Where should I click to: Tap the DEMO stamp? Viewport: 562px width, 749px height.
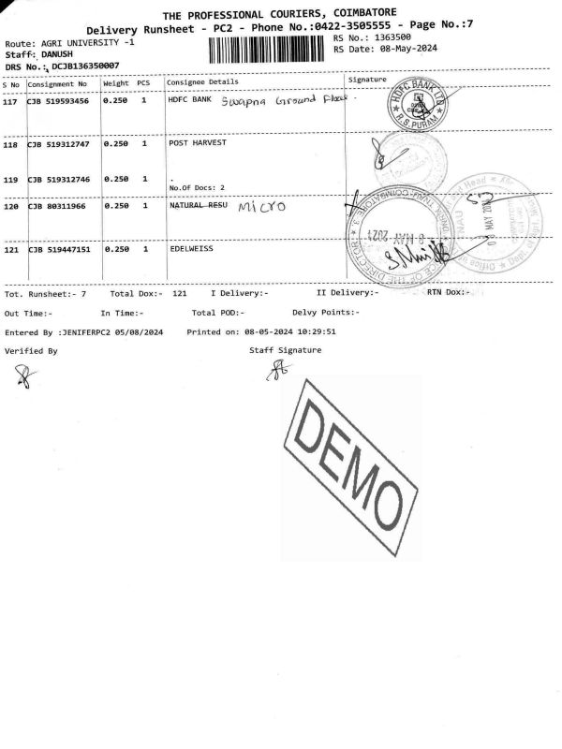tap(351, 465)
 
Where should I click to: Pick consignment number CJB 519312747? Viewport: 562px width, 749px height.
tap(58, 145)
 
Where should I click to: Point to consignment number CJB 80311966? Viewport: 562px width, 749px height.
tap(58, 206)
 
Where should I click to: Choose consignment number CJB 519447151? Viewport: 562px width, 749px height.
tap(58, 251)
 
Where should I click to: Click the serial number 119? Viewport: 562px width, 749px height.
tap(11, 180)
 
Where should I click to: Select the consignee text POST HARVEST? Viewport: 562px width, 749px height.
tap(197, 145)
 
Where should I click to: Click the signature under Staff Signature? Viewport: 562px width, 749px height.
tap(277, 372)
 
